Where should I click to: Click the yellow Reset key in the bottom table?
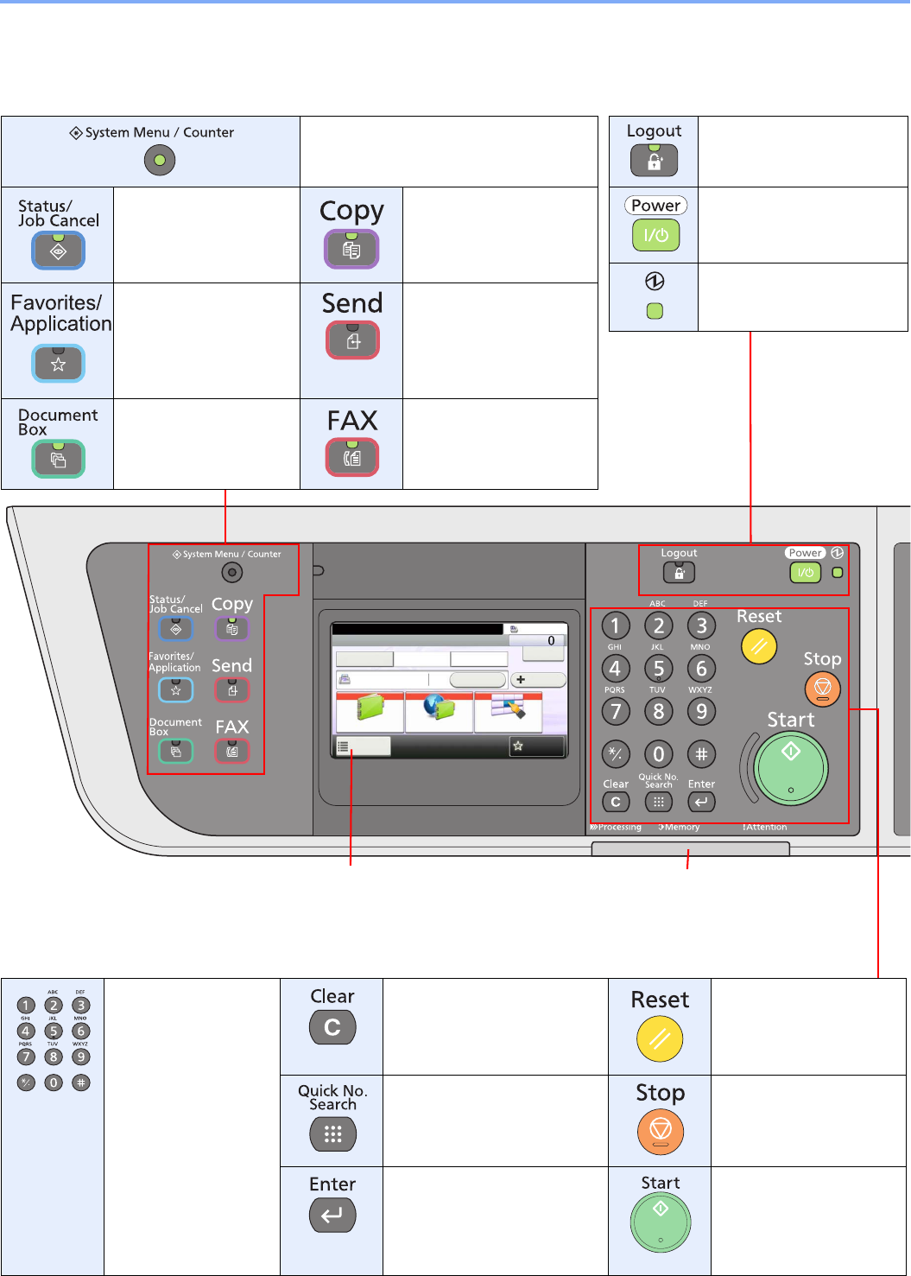click(660, 1038)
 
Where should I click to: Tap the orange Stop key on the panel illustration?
click(822, 689)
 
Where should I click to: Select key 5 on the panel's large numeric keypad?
click(659, 669)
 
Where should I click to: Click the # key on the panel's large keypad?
click(701, 754)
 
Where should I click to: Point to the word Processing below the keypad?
click(619, 828)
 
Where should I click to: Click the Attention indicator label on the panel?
click(765, 828)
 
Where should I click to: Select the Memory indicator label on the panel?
click(680, 828)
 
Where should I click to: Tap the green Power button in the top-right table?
click(655, 235)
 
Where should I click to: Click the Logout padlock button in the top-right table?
click(654, 161)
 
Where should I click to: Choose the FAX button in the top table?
click(352, 458)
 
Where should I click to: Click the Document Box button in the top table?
click(58, 459)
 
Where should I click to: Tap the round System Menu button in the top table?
click(160, 161)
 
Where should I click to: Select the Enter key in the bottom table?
click(332, 1216)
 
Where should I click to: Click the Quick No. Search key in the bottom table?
click(332, 1134)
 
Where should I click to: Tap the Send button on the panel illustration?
click(232, 690)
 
